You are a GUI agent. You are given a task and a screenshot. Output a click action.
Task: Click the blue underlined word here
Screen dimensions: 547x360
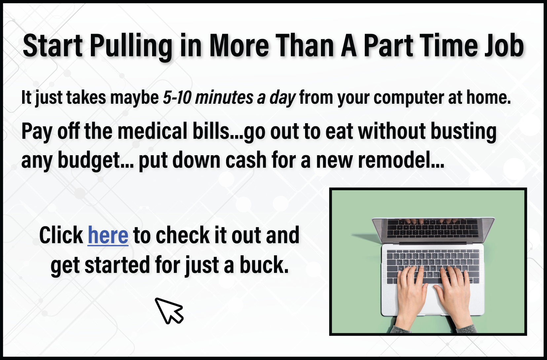click(108, 235)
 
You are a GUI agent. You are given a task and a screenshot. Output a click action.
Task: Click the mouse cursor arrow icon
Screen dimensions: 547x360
click(169, 311)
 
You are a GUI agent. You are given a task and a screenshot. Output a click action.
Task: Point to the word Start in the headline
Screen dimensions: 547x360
click(53, 46)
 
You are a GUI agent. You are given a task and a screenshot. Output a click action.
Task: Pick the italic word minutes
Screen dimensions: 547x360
click(224, 97)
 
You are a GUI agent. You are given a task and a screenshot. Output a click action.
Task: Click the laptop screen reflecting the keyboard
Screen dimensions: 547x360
click(433, 229)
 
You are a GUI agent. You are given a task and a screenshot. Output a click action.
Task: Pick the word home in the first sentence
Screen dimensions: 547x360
click(488, 97)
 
